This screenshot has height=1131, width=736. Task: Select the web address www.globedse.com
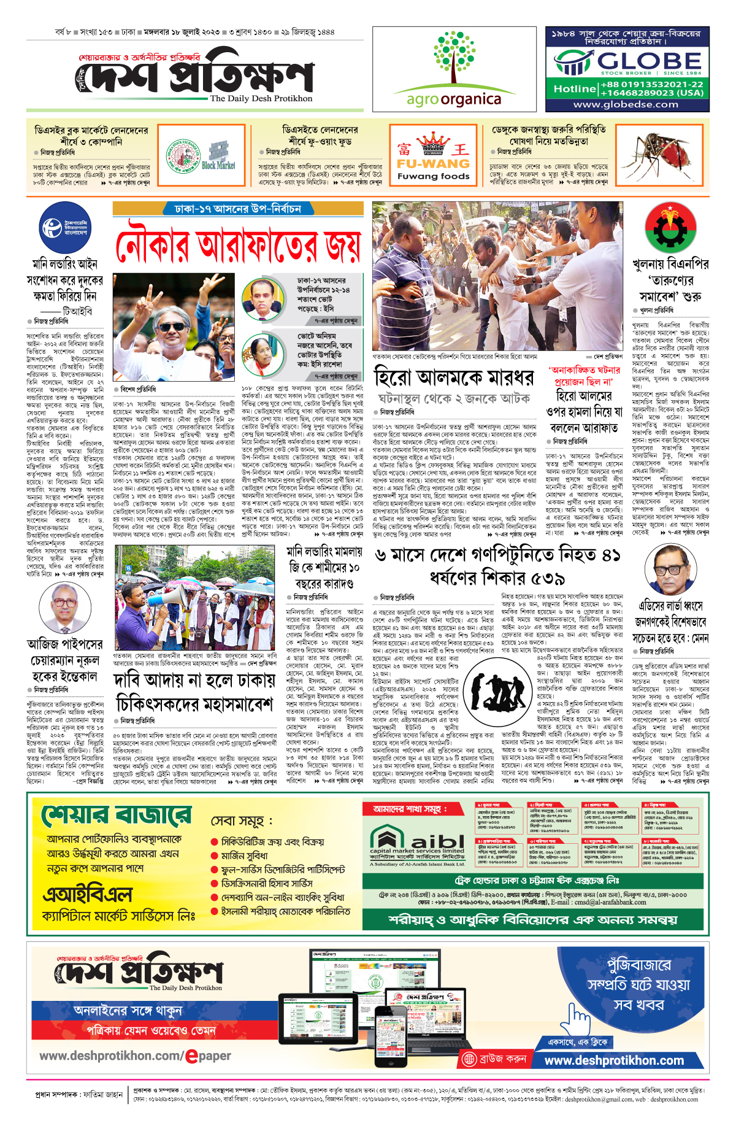[626, 104]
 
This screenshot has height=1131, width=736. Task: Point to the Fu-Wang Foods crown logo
[433, 145]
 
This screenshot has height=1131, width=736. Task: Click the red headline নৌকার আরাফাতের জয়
[239, 245]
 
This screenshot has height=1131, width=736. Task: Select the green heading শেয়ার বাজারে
[116, 816]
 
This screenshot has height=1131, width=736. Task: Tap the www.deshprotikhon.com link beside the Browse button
[614, 1060]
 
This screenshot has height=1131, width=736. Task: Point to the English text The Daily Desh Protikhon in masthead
[261, 98]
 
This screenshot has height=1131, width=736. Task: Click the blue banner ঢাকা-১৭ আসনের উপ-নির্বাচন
[238, 209]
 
